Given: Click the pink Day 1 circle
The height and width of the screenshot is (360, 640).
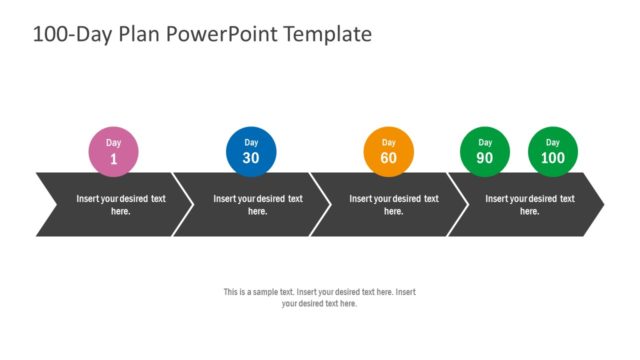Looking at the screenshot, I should (113, 152).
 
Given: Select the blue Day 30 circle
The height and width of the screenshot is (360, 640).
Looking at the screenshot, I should (251, 152).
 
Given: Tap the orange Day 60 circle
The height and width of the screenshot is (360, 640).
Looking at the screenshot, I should (388, 152).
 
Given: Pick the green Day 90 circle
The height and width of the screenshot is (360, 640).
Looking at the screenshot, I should (485, 152).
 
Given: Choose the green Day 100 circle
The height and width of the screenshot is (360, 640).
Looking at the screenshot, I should (553, 152).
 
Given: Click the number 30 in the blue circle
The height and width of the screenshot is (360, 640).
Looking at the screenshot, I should (251, 159).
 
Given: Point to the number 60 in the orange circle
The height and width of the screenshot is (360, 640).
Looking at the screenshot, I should (388, 159).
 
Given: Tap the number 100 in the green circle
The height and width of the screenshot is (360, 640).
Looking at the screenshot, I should (553, 159).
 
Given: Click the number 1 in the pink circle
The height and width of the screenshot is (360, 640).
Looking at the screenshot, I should (113, 159).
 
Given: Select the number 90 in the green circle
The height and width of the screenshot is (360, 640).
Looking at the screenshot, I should (485, 159).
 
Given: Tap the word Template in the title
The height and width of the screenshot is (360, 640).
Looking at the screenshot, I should (328, 34).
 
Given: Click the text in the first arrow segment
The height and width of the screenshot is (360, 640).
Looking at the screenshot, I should (121, 205).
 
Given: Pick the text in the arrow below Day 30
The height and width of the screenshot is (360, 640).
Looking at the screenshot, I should (258, 205).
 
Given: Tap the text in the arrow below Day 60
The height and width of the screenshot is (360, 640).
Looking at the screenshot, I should (394, 205).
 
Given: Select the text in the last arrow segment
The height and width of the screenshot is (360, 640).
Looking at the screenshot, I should (530, 205).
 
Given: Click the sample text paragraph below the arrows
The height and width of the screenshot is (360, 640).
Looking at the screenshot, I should (319, 297).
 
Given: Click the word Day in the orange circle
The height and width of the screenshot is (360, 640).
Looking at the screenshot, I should (388, 143).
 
